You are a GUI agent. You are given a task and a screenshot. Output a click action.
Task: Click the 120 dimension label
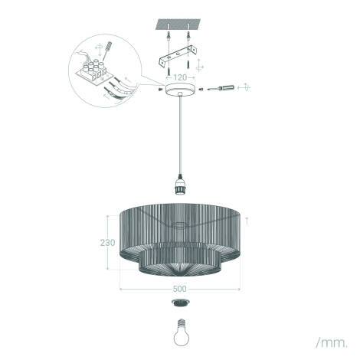tap(180, 77)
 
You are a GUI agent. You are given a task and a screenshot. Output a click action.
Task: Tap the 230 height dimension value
tap(107, 243)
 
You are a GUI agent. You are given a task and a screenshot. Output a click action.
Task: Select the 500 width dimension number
tap(180, 289)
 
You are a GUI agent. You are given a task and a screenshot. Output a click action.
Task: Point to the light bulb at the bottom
tap(182, 332)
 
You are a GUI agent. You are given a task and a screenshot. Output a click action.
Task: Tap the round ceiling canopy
tap(181, 90)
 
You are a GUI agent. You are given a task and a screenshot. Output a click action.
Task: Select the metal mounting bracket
tap(178, 56)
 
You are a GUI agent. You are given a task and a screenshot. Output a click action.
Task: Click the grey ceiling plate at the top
tap(178, 24)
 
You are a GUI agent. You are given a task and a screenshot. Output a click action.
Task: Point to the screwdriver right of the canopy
tap(221, 88)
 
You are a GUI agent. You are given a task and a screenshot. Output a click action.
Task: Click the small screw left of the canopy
tap(160, 89)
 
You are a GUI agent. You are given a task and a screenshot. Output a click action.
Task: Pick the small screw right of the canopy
tap(201, 89)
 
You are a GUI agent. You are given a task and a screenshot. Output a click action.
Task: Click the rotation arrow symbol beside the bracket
tap(199, 65)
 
